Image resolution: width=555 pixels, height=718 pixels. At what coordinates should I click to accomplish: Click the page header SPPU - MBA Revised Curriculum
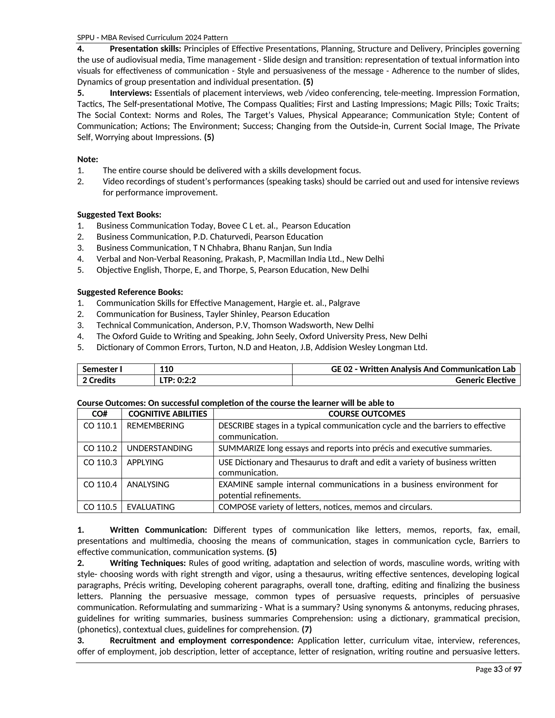[x=152, y=37]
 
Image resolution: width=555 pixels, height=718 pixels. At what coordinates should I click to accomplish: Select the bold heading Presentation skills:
[x=145, y=49]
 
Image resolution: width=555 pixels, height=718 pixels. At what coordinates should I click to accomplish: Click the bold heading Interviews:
[x=131, y=93]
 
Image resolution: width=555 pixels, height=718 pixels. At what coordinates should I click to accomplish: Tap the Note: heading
[x=88, y=159]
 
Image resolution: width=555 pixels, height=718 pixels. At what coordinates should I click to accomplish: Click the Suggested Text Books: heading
[x=119, y=215]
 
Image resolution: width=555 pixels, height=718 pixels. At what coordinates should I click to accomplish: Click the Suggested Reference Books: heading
[x=130, y=292]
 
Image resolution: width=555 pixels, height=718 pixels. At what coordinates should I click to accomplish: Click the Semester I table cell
[x=102, y=369]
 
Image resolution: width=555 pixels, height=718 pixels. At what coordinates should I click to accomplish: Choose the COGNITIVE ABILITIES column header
[x=167, y=414]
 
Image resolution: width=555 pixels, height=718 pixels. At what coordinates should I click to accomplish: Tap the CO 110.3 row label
[x=100, y=462]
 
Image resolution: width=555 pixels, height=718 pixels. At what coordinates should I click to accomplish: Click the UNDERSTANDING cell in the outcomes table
[x=159, y=448]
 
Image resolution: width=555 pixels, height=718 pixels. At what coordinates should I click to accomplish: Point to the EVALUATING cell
[x=151, y=507]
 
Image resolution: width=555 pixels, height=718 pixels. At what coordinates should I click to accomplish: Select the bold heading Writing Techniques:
[x=148, y=563]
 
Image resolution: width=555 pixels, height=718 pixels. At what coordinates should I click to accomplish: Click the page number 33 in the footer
[x=498, y=669]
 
